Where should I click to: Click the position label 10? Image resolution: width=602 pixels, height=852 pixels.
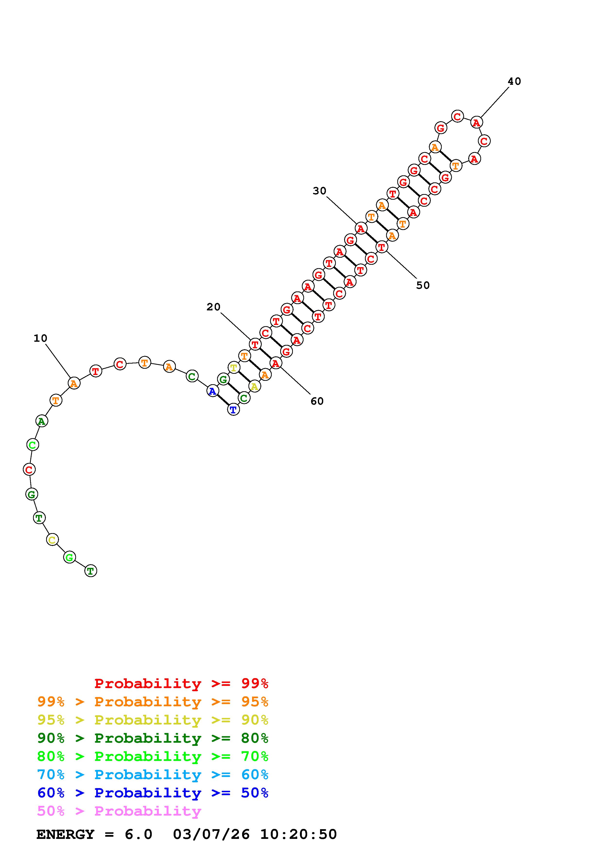click(x=40, y=338)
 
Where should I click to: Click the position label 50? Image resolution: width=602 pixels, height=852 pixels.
click(x=423, y=285)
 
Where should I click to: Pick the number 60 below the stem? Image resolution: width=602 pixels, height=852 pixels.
click(x=317, y=401)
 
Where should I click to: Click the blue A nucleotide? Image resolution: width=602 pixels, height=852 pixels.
click(x=212, y=391)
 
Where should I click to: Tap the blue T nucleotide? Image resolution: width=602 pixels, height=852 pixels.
click(x=233, y=410)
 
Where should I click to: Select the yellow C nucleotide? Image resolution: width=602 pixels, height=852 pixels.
click(x=52, y=540)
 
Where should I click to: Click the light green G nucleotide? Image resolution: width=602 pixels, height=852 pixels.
click(x=69, y=557)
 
